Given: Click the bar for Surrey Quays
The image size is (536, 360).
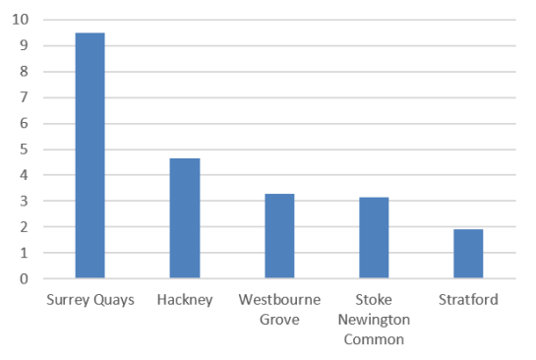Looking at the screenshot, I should point(89,155).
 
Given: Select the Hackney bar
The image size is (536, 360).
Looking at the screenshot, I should point(185,218).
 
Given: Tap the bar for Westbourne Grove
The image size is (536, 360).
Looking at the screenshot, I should point(279,236).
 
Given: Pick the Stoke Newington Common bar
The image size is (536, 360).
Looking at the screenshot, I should point(374,237).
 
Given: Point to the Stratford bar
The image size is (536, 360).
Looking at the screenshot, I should point(468,254).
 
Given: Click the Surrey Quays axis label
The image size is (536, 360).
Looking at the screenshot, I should point(89,299).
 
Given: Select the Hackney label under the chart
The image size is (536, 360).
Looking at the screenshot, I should point(185,299).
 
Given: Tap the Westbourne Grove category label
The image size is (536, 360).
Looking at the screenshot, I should point(279,308).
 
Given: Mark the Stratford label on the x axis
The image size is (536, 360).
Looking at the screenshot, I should point(468,299).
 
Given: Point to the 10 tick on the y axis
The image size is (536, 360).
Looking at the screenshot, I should point(22,20).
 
